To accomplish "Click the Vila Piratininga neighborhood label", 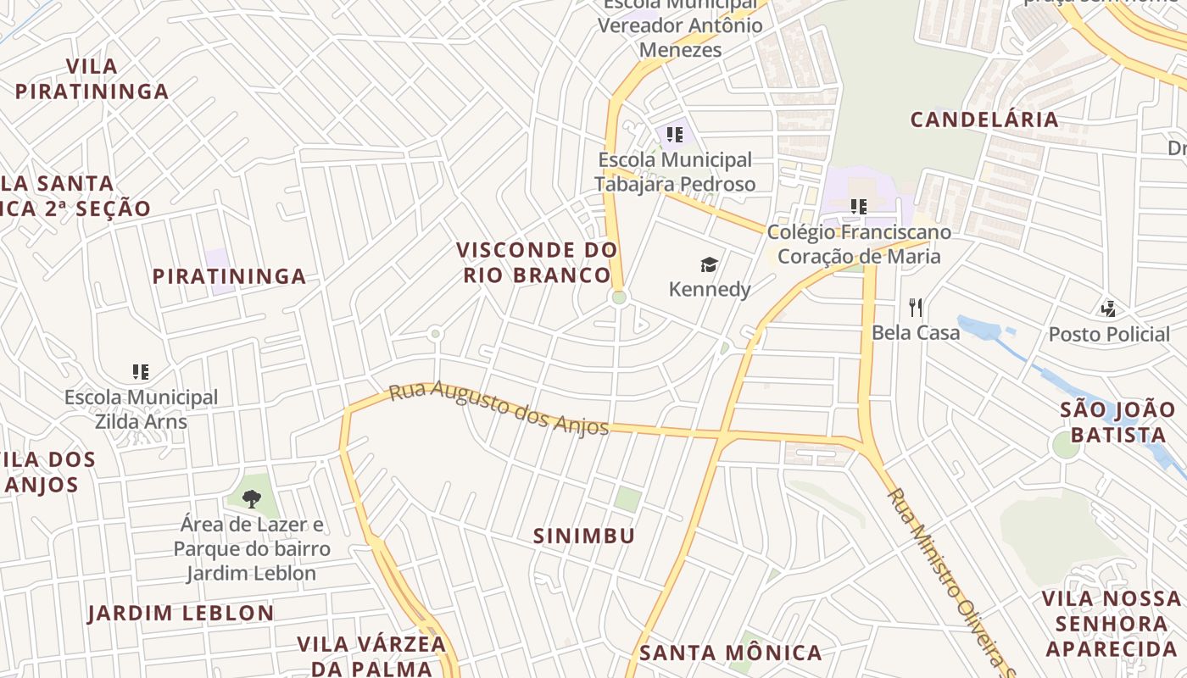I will pyautogui.click(x=92, y=79).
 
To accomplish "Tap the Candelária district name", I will pyautogui.click(x=984, y=119).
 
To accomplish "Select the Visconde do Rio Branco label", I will pyautogui.click(x=537, y=262).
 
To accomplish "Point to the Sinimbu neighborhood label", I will pyautogui.click(x=584, y=536).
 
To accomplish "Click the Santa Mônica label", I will pyautogui.click(x=730, y=653).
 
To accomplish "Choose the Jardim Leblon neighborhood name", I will pyautogui.click(x=181, y=613).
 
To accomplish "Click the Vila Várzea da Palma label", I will pyautogui.click(x=371, y=655).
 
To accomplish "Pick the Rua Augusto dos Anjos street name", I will pyautogui.click(x=499, y=408).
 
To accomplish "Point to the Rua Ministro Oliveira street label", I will pyautogui.click(x=950, y=576).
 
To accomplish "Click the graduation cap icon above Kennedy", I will pyautogui.click(x=709, y=265).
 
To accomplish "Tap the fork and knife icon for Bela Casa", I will pyautogui.click(x=915, y=307).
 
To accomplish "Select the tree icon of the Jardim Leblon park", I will pyautogui.click(x=251, y=498).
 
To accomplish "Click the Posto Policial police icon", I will pyautogui.click(x=1108, y=308).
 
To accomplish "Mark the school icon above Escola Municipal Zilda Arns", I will pyautogui.click(x=141, y=371).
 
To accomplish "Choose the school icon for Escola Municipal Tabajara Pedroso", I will pyautogui.click(x=675, y=134).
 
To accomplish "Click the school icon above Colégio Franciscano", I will pyautogui.click(x=859, y=206).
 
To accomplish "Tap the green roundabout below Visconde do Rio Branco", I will pyautogui.click(x=619, y=297).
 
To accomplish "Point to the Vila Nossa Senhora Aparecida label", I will pyautogui.click(x=1110, y=624).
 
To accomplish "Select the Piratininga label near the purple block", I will pyautogui.click(x=229, y=276).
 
